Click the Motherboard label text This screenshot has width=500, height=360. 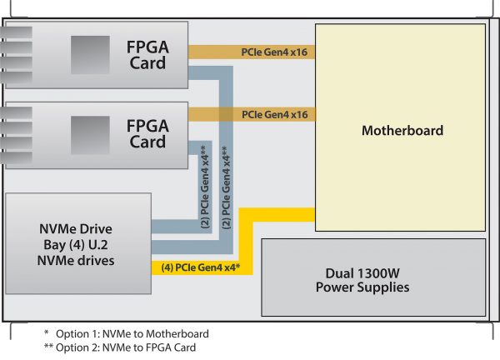(402, 130)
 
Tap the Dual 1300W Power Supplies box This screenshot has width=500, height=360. (373, 277)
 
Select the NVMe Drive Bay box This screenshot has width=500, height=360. (78, 243)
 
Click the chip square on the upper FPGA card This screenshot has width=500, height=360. (90, 55)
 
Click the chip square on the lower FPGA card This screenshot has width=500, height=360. (90, 135)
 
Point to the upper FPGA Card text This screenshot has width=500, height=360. (147, 55)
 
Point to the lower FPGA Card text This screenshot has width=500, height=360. (147, 134)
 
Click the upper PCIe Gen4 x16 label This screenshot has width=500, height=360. (274, 52)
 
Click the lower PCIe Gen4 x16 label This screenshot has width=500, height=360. (274, 114)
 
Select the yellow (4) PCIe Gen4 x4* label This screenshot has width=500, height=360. (201, 267)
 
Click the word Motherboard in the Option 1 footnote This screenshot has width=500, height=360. (177, 334)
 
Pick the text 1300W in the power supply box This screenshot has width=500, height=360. (378, 273)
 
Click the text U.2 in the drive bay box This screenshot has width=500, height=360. (98, 244)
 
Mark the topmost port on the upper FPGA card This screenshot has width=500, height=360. (17, 32)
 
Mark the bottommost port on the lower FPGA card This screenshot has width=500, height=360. (17, 157)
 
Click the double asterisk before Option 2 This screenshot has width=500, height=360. (48, 346)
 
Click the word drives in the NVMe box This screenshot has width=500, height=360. (97, 261)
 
